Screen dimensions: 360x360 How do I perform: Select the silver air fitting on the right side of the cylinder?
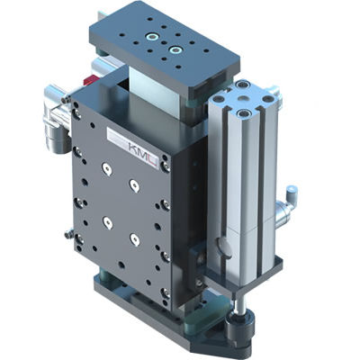click(x=286, y=209)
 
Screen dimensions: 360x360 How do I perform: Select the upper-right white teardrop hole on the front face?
click(x=134, y=184)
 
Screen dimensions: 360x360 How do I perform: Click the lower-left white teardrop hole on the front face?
click(x=106, y=221)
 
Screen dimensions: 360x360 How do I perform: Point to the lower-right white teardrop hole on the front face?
click(x=134, y=239)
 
